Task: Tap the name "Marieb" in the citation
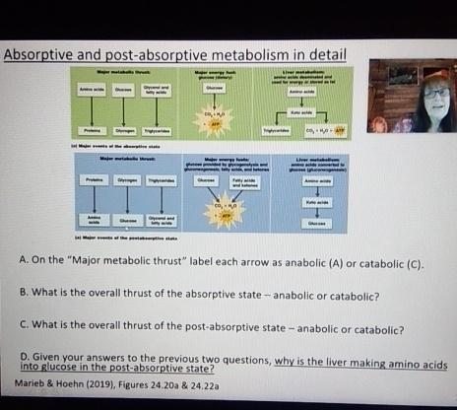pos(35,385)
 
